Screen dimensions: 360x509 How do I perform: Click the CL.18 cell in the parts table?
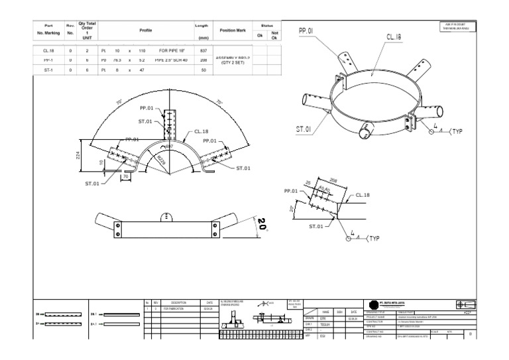[x=48, y=50]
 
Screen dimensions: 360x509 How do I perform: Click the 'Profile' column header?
[x=145, y=30]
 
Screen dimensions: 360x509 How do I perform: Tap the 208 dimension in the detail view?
[x=333, y=179]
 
